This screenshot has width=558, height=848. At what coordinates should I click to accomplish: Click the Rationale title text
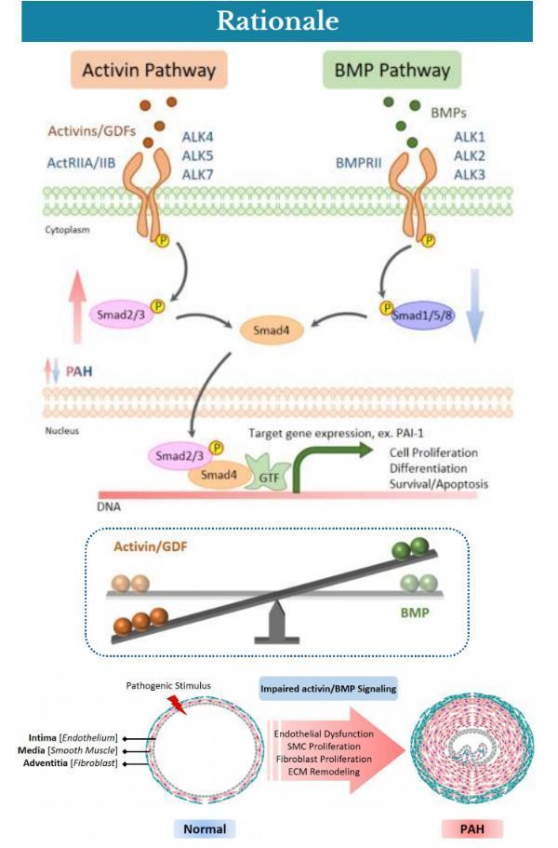coord(278,21)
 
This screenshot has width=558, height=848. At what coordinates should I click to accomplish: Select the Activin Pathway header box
coord(149,70)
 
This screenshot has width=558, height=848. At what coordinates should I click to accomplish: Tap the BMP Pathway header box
coord(392,70)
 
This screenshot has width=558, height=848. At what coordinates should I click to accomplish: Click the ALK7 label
coord(198,175)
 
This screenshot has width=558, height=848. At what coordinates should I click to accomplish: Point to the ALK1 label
coord(470,137)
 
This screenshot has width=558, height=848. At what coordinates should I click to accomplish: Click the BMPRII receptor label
coord(359,163)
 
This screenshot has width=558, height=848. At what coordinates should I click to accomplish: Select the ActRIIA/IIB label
coord(81,163)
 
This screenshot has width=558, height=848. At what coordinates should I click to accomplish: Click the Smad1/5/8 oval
coord(422,316)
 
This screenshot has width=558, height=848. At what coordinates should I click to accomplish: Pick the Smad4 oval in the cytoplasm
coord(271,330)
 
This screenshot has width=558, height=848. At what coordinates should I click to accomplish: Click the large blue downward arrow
coord(475,305)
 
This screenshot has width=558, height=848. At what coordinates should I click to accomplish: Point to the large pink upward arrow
coord(78,306)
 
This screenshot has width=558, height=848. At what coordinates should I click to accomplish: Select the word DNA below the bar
coord(109,507)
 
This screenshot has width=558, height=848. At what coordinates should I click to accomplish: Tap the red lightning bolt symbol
coord(178,704)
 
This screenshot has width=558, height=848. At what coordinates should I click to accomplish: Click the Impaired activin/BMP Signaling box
coord(328,689)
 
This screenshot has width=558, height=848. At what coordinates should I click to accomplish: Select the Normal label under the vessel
coord(205,829)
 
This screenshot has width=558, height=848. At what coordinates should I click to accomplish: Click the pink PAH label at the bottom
coord(472,829)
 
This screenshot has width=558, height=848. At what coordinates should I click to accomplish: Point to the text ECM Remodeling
coord(324,772)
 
